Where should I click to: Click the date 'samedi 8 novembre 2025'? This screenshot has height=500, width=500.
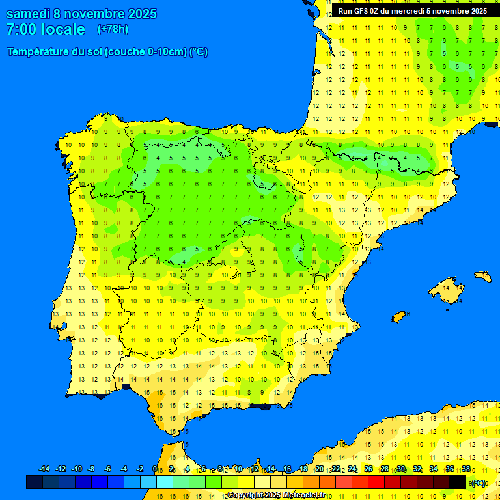tap(81, 14)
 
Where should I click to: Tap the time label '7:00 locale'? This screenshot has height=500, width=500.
tap(46, 29)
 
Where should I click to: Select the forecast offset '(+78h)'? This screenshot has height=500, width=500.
tap(113, 29)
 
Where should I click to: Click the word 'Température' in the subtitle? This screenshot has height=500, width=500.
tap(39, 52)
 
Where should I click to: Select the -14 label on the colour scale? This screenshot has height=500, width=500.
tap(44, 469)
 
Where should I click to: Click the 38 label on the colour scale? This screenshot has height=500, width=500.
tap(466, 469)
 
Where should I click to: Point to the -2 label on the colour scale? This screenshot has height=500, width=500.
tap(139, 469)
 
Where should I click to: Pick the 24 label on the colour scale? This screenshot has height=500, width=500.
tap(352, 469)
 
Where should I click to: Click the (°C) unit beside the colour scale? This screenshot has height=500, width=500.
tap(479, 483)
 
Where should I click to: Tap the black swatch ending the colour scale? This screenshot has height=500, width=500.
tap(458, 482)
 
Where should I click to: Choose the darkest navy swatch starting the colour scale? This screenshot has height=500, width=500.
tap(35, 482)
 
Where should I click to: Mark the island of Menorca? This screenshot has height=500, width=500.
tap(483, 276)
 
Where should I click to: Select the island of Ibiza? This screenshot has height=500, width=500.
tap(399, 317)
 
